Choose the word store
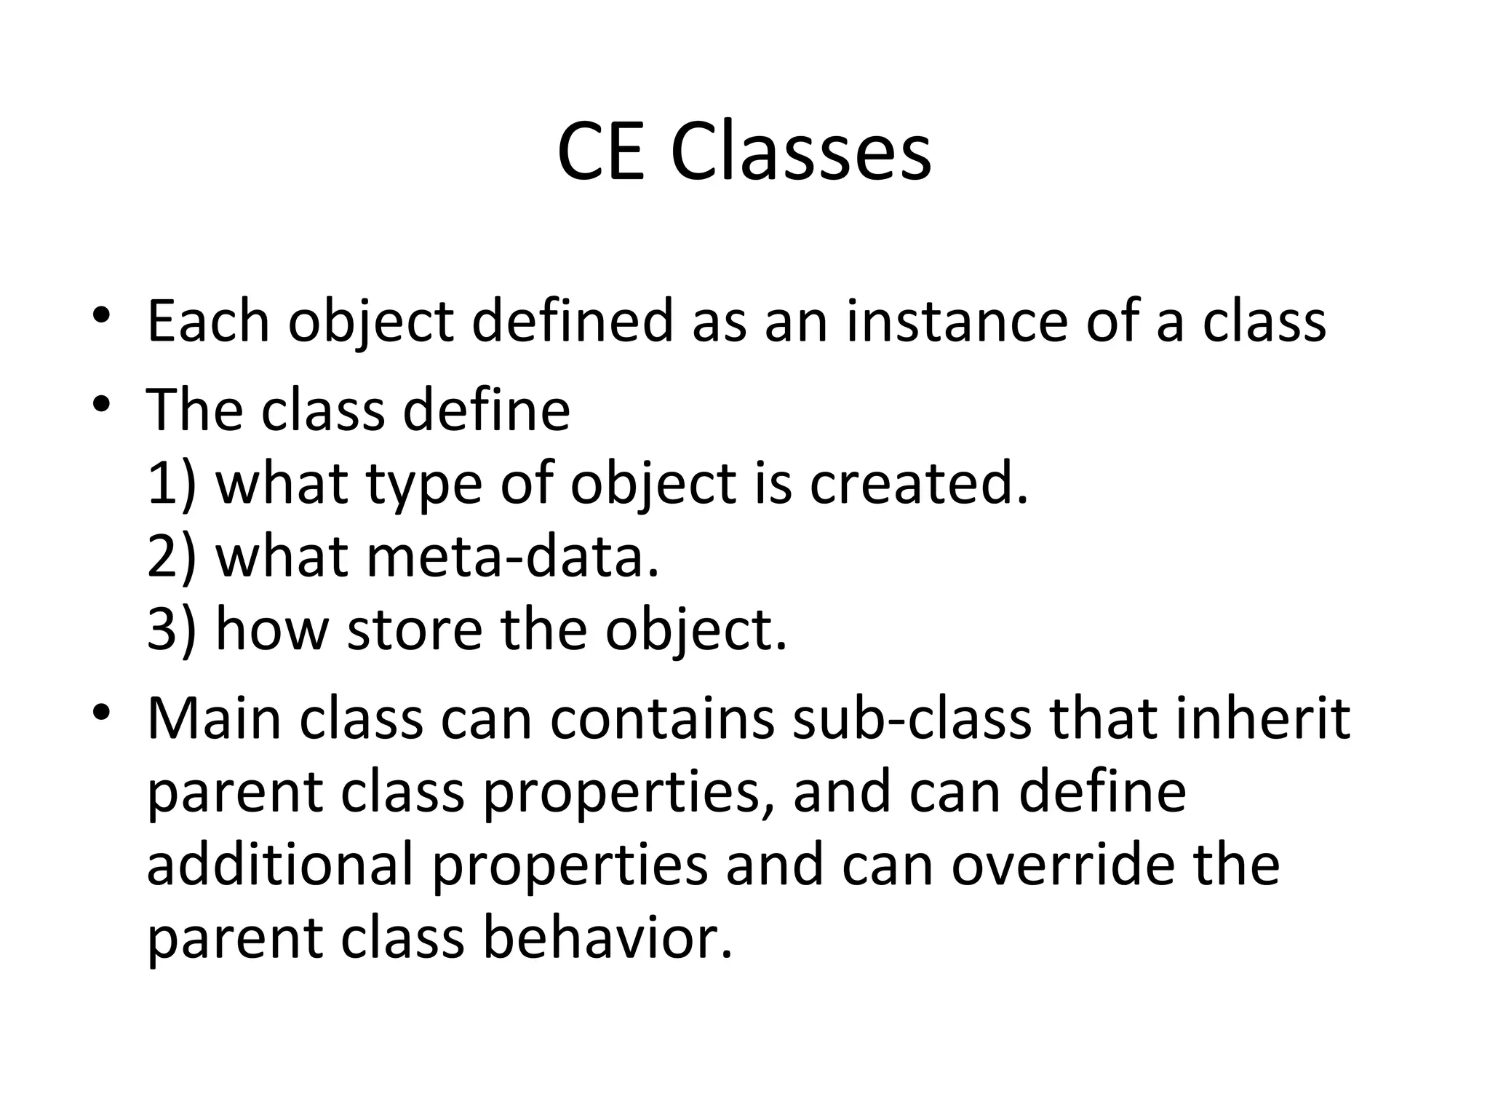click(415, 630)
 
